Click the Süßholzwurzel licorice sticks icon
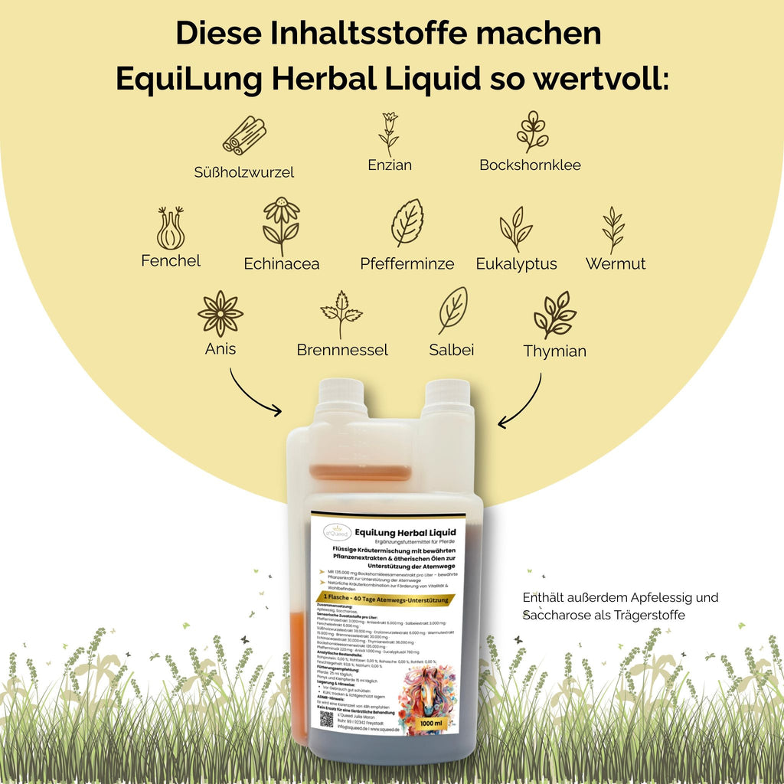244,136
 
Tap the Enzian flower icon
389,133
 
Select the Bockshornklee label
530,165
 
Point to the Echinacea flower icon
281,225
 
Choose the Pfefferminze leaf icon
407,223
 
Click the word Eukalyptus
516,264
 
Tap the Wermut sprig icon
613,228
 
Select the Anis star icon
220,313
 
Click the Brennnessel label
342,351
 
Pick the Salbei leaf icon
452,309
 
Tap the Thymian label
554,351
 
